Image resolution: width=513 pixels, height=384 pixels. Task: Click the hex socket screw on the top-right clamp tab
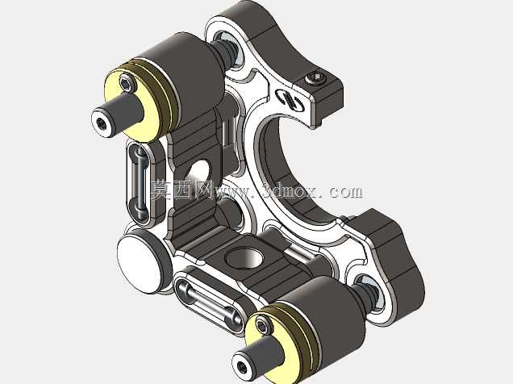tap(315, 79)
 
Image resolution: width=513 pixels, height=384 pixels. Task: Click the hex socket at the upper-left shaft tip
tap(102, 123)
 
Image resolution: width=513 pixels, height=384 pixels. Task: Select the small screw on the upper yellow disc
tap(126, 83)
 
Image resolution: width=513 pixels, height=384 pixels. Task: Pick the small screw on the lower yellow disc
tap(262, 326)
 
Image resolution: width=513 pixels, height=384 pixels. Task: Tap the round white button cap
tap(140, 265)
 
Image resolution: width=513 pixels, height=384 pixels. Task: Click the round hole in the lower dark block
tap(244, 257)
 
